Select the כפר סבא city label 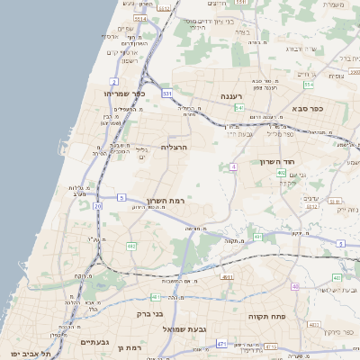click(308, 108)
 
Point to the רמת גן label click(133, 346)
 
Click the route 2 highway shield click(114, 82)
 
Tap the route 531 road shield click(167, 93)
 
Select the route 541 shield click(239, 107)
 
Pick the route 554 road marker click(309, 85)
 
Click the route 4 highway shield click(233, 166)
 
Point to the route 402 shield click(282, 173)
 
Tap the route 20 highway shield click(97, 207)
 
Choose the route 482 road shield click(131, 246)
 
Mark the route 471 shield click(221, 344)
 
